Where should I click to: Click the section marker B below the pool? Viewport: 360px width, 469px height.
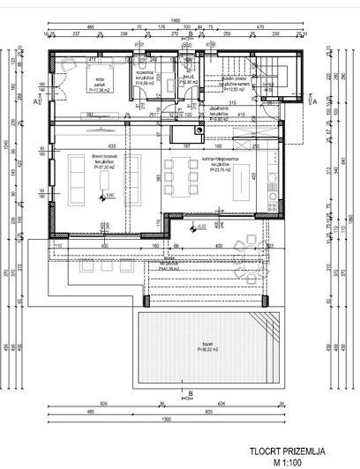click(x=188, y=393)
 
